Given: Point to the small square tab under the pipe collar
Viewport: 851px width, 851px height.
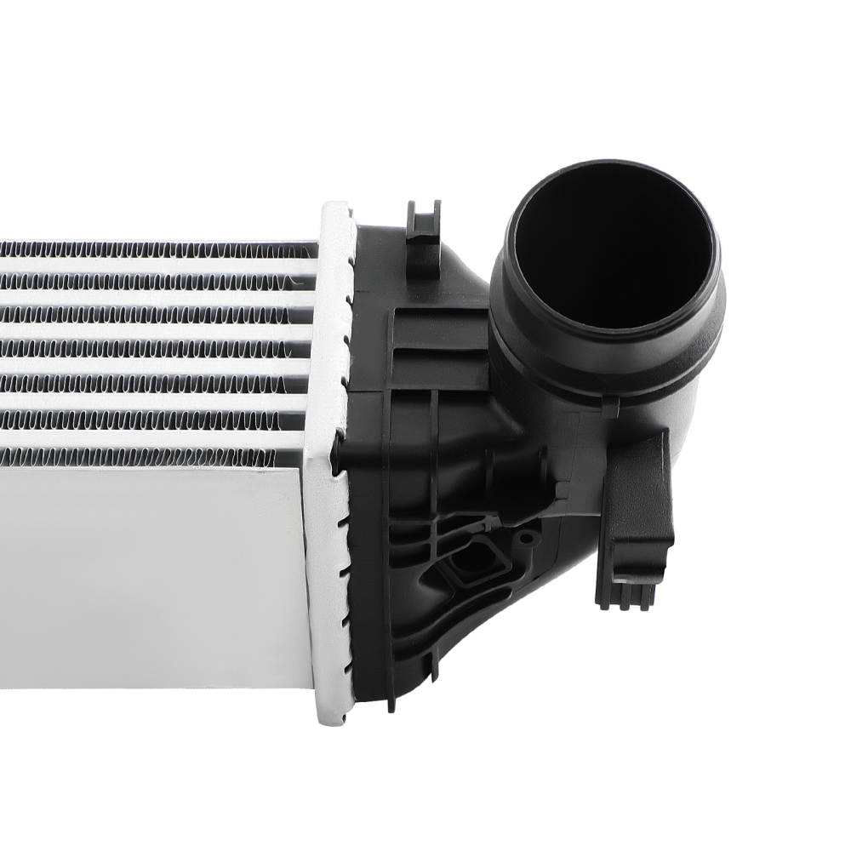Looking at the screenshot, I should pyautogui.click(x=609, y=408).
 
